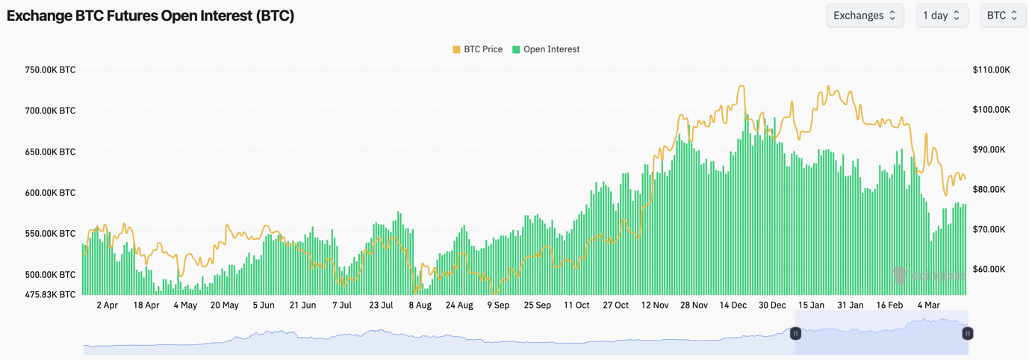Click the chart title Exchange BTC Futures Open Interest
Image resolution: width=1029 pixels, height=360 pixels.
[150, 16]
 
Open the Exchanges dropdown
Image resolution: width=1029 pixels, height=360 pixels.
[865, 16]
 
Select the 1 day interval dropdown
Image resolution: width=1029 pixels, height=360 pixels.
[941, 16]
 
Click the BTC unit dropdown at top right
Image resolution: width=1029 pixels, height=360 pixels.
[1001, 16]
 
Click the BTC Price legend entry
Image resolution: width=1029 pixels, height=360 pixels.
[477, 49]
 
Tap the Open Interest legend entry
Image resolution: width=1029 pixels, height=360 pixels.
[546, 49]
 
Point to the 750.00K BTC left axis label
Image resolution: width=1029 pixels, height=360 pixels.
[50, 70]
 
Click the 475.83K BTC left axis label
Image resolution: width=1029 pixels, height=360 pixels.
[50, 294]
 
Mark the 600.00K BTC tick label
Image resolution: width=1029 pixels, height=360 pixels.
[50, 193]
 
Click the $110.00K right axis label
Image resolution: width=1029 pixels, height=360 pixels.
[991, 70]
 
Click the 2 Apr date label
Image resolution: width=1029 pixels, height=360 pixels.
[107, 305]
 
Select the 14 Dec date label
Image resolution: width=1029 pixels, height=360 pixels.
[733, 305]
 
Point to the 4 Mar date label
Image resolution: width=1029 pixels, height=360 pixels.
[928, 305]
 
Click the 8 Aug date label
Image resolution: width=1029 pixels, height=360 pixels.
[420, 305]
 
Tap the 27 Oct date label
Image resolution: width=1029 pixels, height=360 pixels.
[615, 305]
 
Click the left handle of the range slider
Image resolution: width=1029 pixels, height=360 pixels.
[795, 334]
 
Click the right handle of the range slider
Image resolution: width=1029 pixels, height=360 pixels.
[967, 334]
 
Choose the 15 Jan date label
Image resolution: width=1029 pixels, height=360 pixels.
[811, 305]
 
